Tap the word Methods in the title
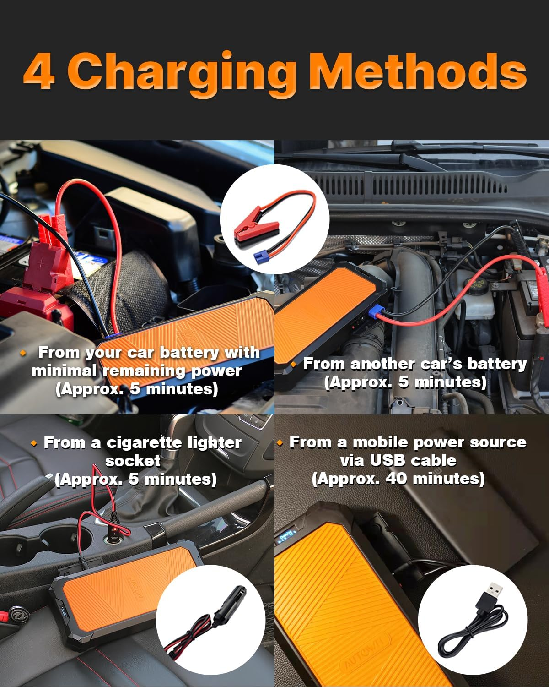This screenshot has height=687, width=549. [x=418, y=72]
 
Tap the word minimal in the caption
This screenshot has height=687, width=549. [x=64, y=371]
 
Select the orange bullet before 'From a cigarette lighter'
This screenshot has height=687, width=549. [x=33, y=443]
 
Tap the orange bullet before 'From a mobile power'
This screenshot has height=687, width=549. [x=280, y=443]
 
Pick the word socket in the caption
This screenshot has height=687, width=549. [x=133, y=461]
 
